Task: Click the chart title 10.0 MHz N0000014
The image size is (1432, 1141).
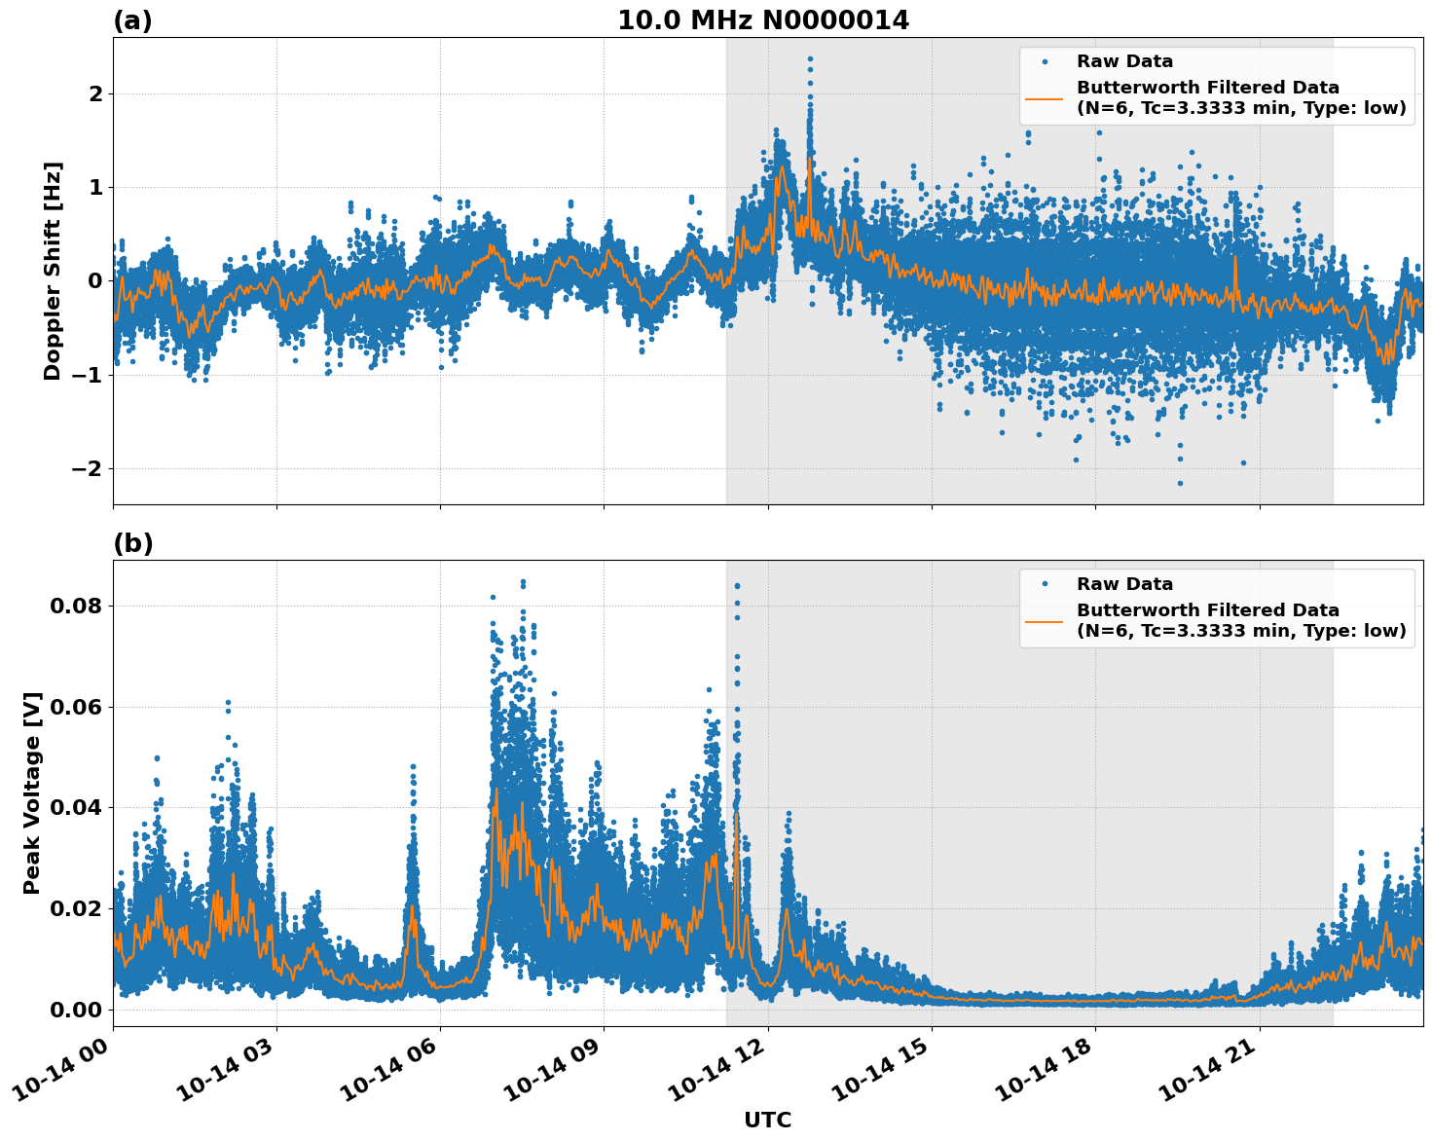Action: [x=763, y=20]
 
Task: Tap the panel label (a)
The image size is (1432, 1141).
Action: [x=132, y=20]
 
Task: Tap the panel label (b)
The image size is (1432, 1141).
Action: [x=132, y=543]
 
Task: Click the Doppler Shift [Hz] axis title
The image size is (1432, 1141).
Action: [x=53, y=271]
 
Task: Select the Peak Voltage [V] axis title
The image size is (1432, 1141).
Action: [x=32, y=793]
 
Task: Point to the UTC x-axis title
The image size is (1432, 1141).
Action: [x=767, y=1120]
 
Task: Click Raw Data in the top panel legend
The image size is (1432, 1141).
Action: [x=1124, y=61]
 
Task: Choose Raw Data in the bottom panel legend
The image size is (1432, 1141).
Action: [x=1124, y=584]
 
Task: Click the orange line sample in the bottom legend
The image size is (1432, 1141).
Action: [x=1045, y=620]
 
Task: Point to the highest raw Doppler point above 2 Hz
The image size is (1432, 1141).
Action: [x=809, y=58]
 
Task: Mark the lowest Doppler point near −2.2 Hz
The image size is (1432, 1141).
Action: [x=1180, y=483]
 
